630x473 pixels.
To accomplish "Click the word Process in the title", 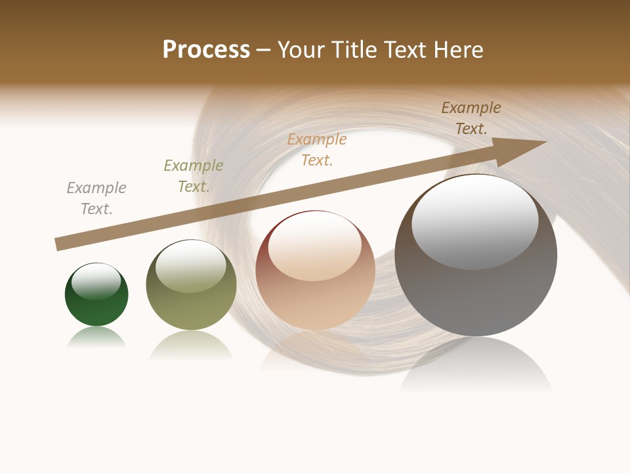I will point(206,50).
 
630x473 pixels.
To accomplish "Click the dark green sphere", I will point(96,309).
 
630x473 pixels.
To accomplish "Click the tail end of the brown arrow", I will point(59,244).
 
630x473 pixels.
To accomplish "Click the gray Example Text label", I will point(96,198).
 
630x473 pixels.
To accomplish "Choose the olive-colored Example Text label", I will point(194,175).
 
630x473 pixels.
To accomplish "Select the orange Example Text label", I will point(317,149).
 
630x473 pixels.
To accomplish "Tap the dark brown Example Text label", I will point(471,118).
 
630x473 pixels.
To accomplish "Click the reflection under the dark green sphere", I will point(96,338).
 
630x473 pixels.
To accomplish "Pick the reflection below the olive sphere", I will point(191,345).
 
